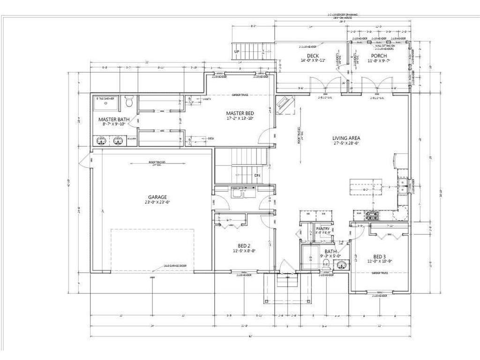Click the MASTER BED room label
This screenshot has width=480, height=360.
[240, 113]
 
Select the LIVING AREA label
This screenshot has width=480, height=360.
[346, 138]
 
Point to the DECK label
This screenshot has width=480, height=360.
[313, 56]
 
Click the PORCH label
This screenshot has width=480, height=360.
[379, 56]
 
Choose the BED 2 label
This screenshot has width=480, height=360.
[244, 245]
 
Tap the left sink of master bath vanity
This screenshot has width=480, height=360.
[100, 140]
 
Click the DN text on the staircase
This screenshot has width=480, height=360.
[257, 175]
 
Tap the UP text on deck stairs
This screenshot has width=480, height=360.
[236, 51]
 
